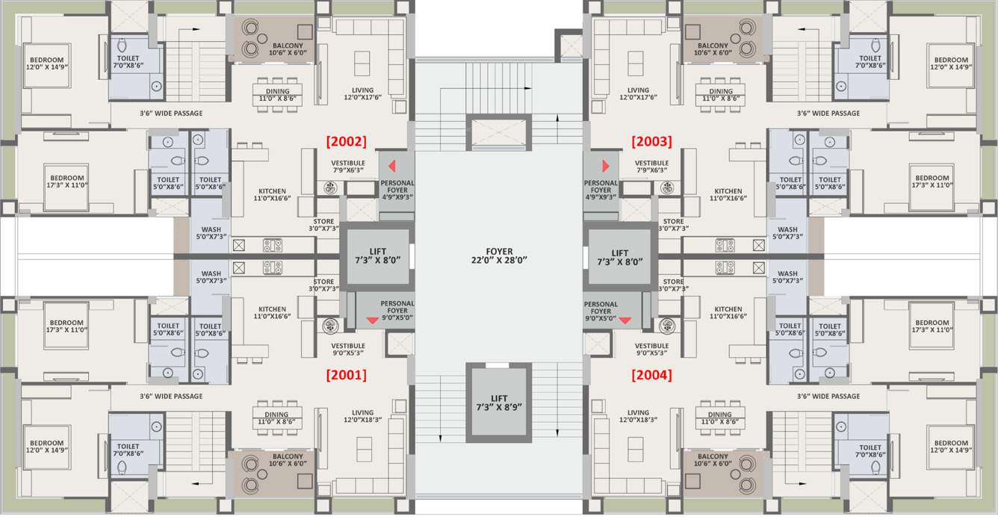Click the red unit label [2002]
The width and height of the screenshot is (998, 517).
[345, 140]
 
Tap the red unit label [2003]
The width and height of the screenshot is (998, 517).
[651, 140]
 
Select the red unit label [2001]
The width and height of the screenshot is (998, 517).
[345, 375]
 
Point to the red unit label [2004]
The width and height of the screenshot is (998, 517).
[651, 375]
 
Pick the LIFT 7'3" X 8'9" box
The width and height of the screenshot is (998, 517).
[499, 403]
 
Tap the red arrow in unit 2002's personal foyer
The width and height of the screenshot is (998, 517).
[391, 166]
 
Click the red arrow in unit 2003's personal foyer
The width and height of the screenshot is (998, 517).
[606, 166]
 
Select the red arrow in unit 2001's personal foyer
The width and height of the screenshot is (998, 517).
[372, 321]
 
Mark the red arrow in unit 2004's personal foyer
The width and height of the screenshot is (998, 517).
[625, 321]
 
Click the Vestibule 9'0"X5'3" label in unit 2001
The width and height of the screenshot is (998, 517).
[348, 350]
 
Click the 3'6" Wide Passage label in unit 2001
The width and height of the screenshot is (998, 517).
[171, 396]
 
